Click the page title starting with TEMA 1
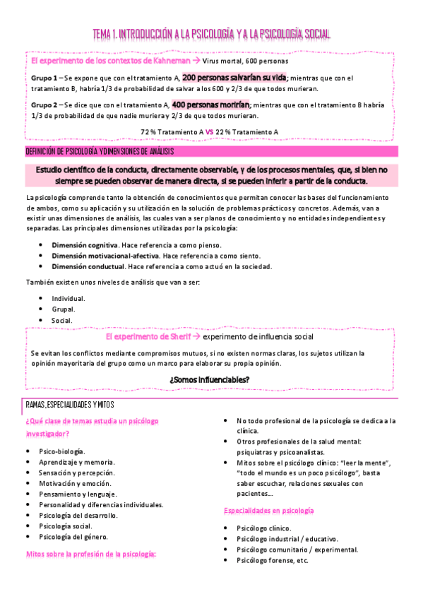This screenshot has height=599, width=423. pos(212,34)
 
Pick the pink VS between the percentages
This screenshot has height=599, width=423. pos(210,132)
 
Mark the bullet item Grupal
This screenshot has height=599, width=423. pos(64,309)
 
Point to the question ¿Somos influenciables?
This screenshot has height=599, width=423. pos(210,380)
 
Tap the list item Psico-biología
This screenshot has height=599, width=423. pos(62,451)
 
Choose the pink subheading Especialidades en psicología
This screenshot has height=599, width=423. pos(269,510)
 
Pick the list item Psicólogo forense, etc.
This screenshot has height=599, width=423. pos(273,560)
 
